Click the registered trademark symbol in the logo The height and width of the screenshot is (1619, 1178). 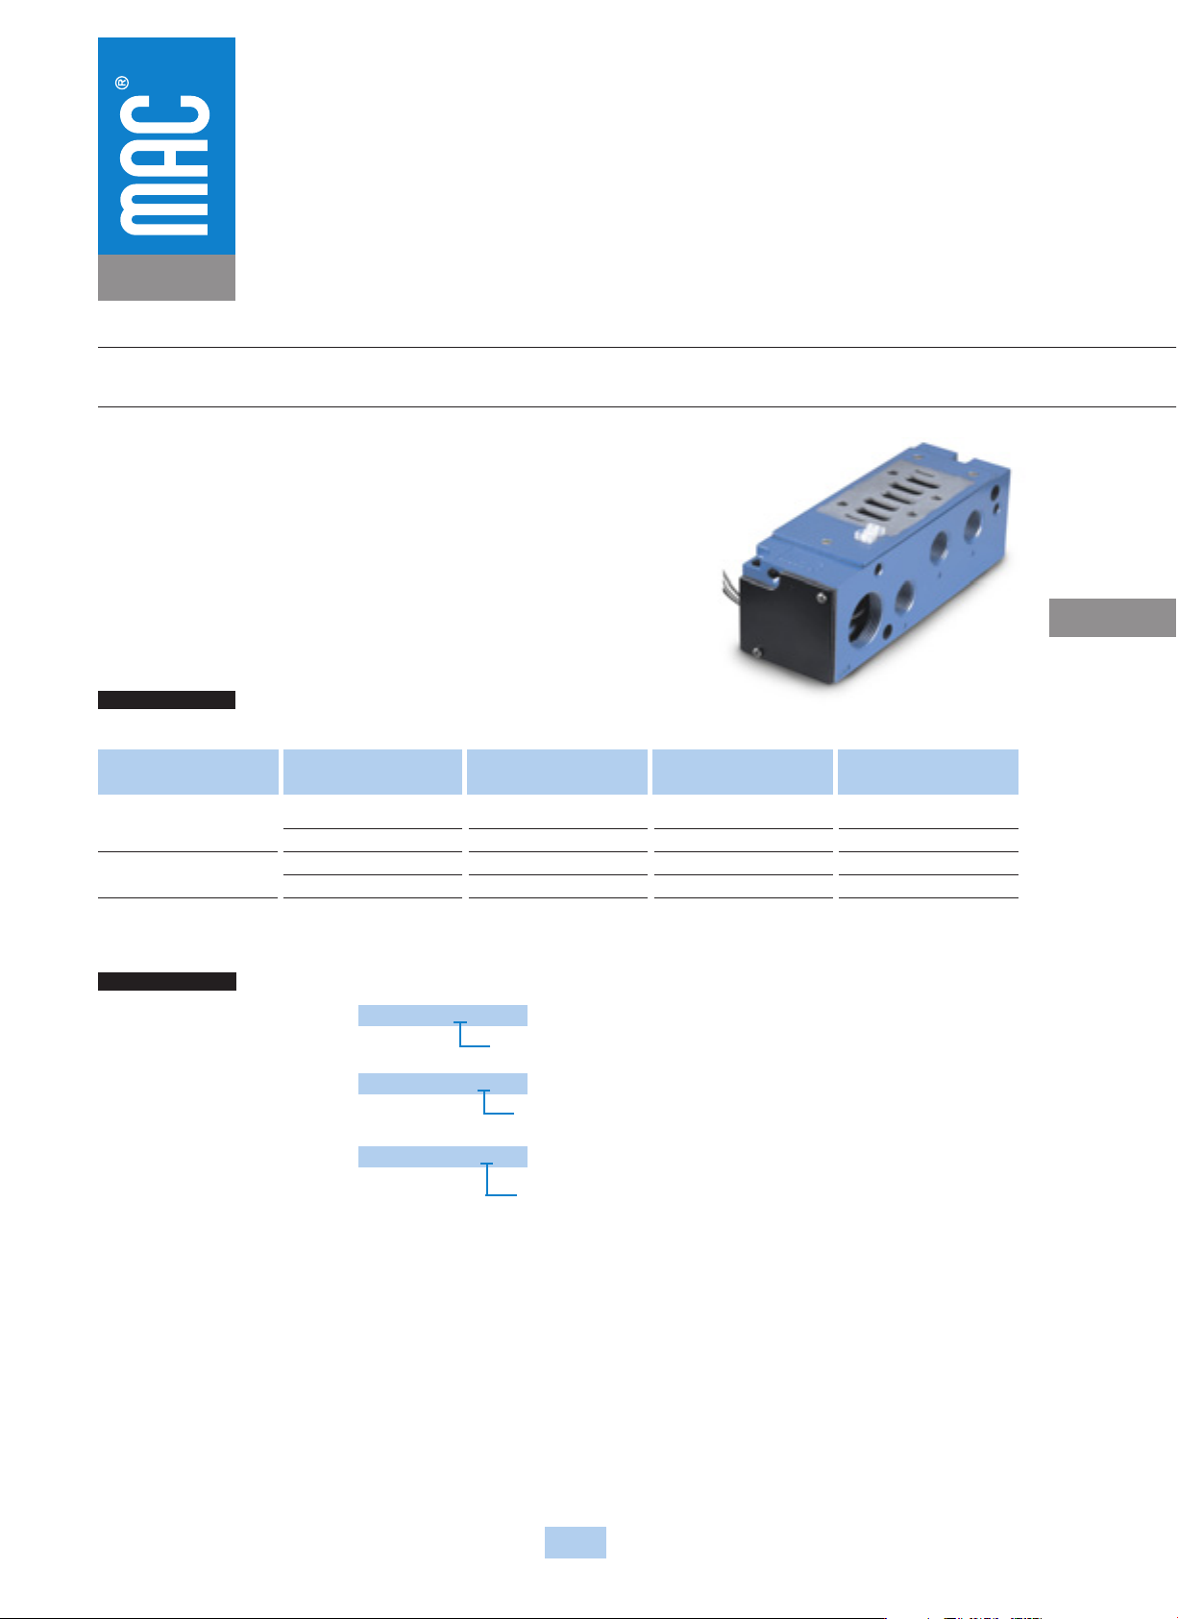tap(122, 83)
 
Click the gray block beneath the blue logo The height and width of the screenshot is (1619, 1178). tap(166, 277)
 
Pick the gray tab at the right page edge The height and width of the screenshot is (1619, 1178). tap(1113, 617)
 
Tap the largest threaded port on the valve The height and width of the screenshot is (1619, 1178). tap(865, 619)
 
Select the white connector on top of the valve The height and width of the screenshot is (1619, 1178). tap(869, 534)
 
